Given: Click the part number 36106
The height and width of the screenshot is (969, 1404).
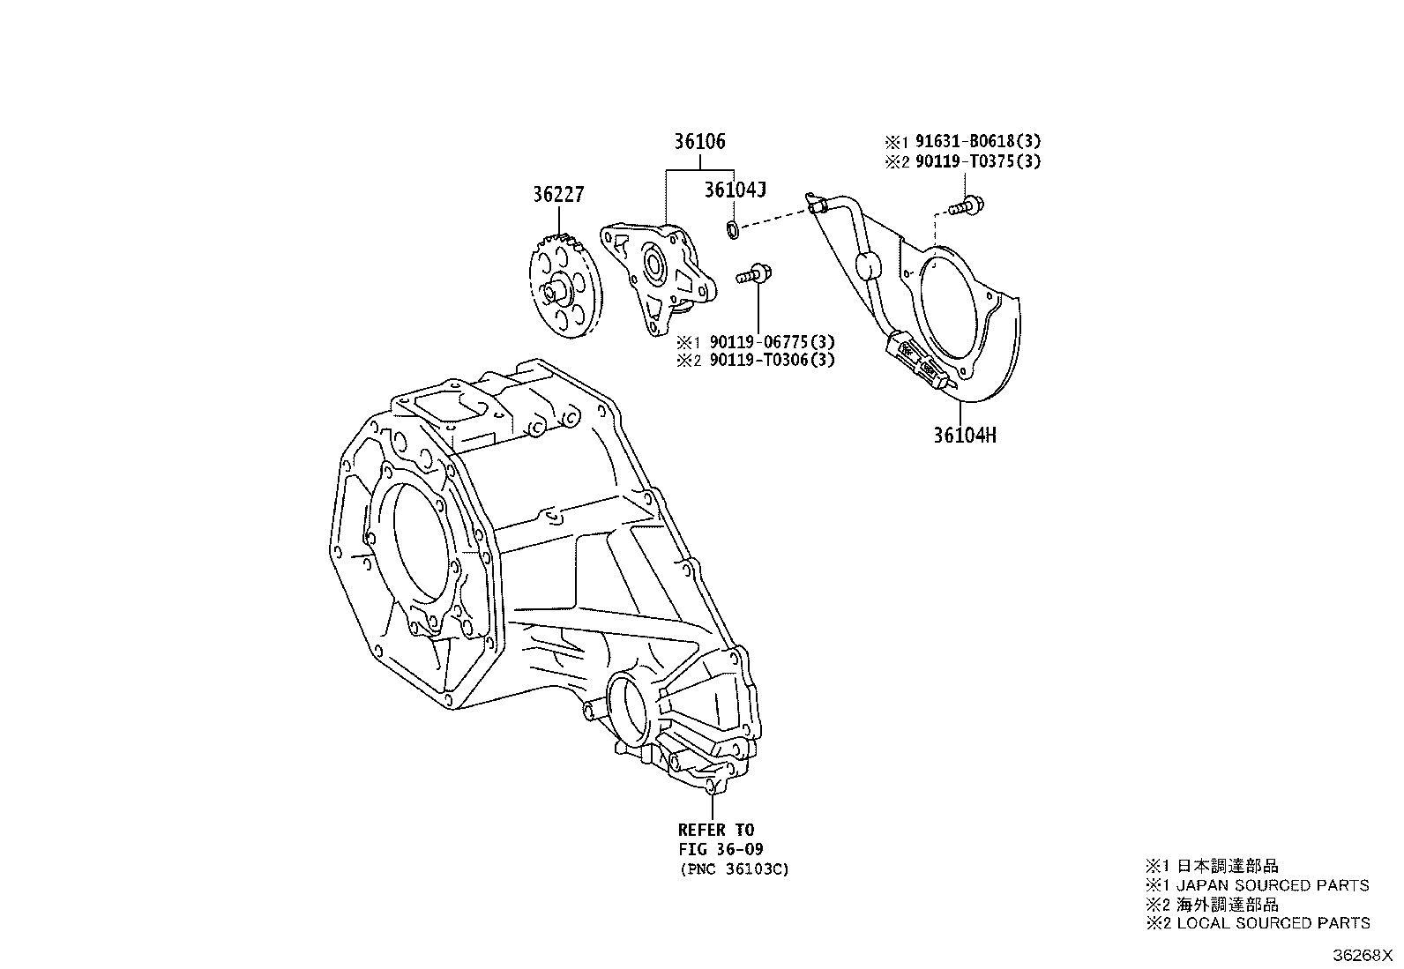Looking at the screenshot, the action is tap(699, 142).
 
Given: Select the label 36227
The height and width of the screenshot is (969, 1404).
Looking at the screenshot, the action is tap(558, 194).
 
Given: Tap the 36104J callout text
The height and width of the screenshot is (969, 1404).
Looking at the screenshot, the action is tap(735, 190).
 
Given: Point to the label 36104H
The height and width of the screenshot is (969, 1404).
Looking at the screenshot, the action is tap(965, 435).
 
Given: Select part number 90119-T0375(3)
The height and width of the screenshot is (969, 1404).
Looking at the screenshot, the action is tap(978, 161).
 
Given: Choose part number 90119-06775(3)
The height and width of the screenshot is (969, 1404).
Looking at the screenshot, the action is tap(773, 341).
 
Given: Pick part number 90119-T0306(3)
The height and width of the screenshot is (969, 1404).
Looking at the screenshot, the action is tap(773, 360).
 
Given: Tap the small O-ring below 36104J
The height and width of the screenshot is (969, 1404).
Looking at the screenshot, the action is tap(732, 229).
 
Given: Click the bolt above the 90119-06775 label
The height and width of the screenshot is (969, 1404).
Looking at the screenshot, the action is tap(755, 274).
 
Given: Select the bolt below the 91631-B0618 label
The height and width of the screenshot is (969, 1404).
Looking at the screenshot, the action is tap(966, 205).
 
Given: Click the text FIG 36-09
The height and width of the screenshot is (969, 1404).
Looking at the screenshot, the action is tap(721, 849).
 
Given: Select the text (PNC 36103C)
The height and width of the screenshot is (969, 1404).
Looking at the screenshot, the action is tap(734, 869).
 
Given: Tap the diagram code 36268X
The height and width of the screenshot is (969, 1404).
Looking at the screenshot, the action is tap(1362, 955).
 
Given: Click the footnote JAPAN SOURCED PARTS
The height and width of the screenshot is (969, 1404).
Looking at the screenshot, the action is tap(1273, 885).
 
